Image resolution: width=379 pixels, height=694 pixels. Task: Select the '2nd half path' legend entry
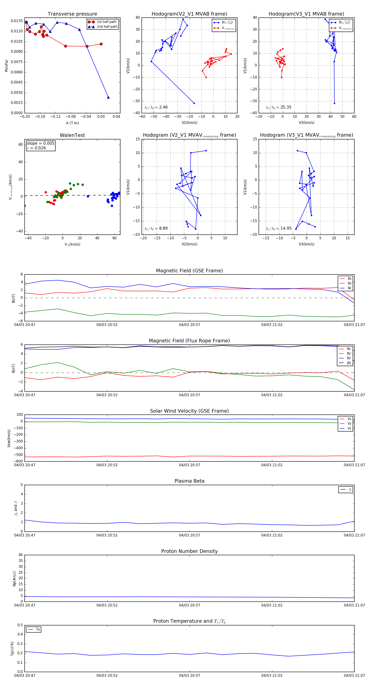pos(107,27)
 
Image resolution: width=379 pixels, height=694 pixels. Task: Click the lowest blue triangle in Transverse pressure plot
pos(108,97)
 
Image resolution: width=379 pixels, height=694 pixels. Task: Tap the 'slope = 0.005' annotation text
pos(40,143)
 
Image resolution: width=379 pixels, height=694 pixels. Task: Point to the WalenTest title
pos(72,135)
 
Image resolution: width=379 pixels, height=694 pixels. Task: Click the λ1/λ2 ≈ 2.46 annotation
pos(156,107)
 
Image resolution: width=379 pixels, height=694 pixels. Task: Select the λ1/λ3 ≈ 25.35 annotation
pos(278,107)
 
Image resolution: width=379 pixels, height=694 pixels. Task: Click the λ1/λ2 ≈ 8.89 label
pos(156,228)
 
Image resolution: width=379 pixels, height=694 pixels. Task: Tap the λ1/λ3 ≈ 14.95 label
pos(278,228)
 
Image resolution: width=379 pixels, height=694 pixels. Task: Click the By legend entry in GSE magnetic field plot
pos(349,283)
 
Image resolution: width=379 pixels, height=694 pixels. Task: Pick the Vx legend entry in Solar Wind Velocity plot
pos(349,419)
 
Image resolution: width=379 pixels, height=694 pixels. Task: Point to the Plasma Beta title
pos(189,481)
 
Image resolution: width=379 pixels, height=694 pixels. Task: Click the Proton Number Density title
pos(189,551)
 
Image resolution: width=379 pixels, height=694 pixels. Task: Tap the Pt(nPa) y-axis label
pos(7,66)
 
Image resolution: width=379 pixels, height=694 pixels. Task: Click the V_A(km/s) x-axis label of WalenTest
pos(72,244)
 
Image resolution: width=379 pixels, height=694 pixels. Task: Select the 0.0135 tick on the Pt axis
pos(17,21)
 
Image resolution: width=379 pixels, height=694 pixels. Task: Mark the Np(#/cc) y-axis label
pos(14,579)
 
